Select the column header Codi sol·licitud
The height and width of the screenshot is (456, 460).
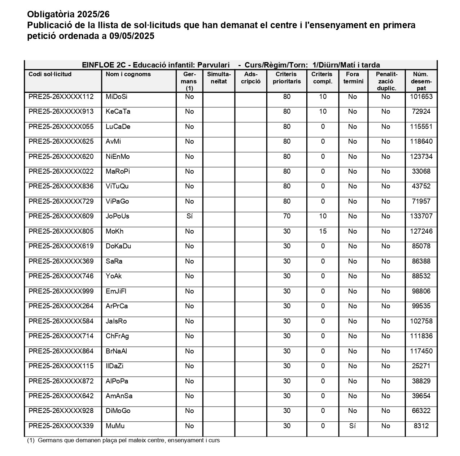click(50, 74)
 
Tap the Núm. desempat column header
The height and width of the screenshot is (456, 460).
click(421, 81)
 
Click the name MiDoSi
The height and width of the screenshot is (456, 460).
click(117, 97)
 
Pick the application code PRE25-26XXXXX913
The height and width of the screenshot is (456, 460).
click(61, 112)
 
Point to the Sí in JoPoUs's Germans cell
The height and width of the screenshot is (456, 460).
click(189, 216)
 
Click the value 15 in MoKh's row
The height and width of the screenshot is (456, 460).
click(323, 231)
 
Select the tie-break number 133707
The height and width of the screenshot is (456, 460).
click(421, 216)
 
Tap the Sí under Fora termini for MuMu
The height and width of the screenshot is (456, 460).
click(352, 426)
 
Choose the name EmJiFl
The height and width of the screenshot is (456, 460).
click(116, 291)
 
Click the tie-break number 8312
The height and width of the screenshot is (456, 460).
click(421, 426)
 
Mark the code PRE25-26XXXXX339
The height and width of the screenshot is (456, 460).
click(61, 426)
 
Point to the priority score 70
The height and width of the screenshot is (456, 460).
click(287, 216)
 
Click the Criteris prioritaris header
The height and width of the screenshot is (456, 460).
click(287, 78)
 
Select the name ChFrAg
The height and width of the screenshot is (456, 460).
click(117, 336)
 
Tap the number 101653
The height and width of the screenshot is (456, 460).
click(421, 97)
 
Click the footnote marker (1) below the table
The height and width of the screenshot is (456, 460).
click(31, 440)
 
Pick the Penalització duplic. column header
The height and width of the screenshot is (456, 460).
click(386, 81)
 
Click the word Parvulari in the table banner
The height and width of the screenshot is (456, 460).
click(213, 65)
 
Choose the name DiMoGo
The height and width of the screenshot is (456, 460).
click(118, 411)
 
